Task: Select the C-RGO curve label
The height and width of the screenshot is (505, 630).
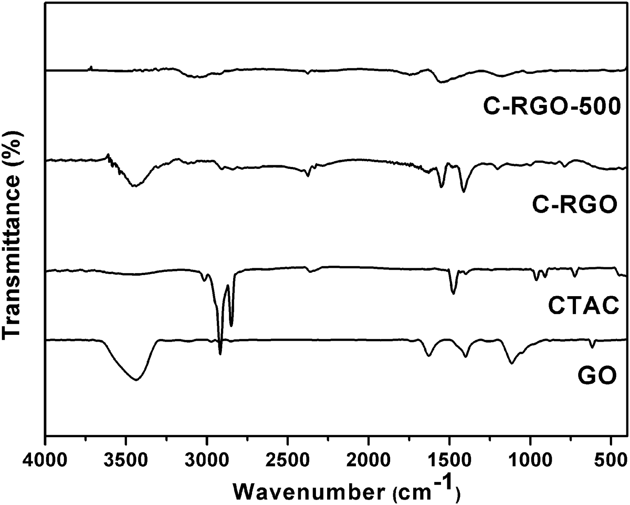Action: click(574, 205)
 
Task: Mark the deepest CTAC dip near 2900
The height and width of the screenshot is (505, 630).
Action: click(220, 354)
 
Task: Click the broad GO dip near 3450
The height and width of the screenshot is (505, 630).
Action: click(136, 380)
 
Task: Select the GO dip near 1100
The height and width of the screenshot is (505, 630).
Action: click(511, 362)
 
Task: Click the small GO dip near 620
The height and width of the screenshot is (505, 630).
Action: click(592, 347)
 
